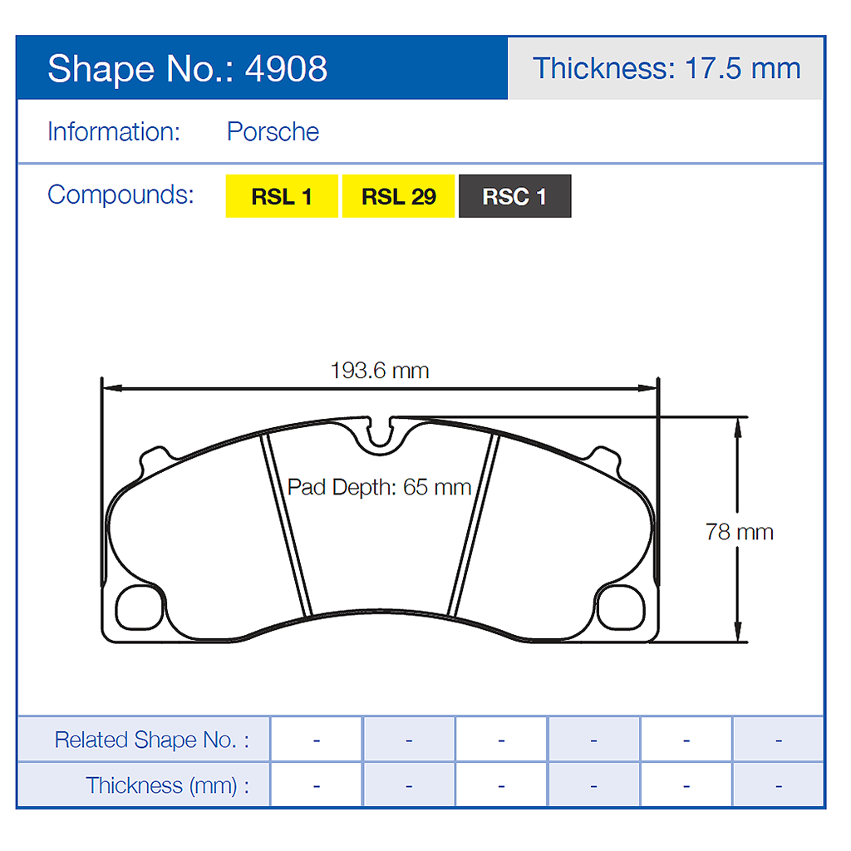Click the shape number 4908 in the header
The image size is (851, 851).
[x=286, y=69]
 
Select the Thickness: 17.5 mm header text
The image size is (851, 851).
[x=667, y=68]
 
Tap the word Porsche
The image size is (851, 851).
[x=273, y=132]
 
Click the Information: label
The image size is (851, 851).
[x=114, y=132]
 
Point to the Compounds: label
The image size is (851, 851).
[x=121, y=194]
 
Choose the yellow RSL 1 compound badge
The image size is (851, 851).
[x=282, y=197]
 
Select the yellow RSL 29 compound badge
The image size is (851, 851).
[x=399, y=197]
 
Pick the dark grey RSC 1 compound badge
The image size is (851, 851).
[x=514, y=197]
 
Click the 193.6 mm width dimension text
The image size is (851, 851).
[x=380, y=371]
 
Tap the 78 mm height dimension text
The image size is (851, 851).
[x=739, y=532]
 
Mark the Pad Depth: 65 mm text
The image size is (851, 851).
[x=379, y=487]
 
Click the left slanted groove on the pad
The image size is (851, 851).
[x=286, y=525]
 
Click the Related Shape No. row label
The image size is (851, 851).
[x=151, y=740]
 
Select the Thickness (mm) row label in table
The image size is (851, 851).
[x=167, y=785]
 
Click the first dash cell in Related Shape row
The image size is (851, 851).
[x=317, y=740]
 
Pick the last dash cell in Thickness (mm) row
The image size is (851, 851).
[x=778, y=785]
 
